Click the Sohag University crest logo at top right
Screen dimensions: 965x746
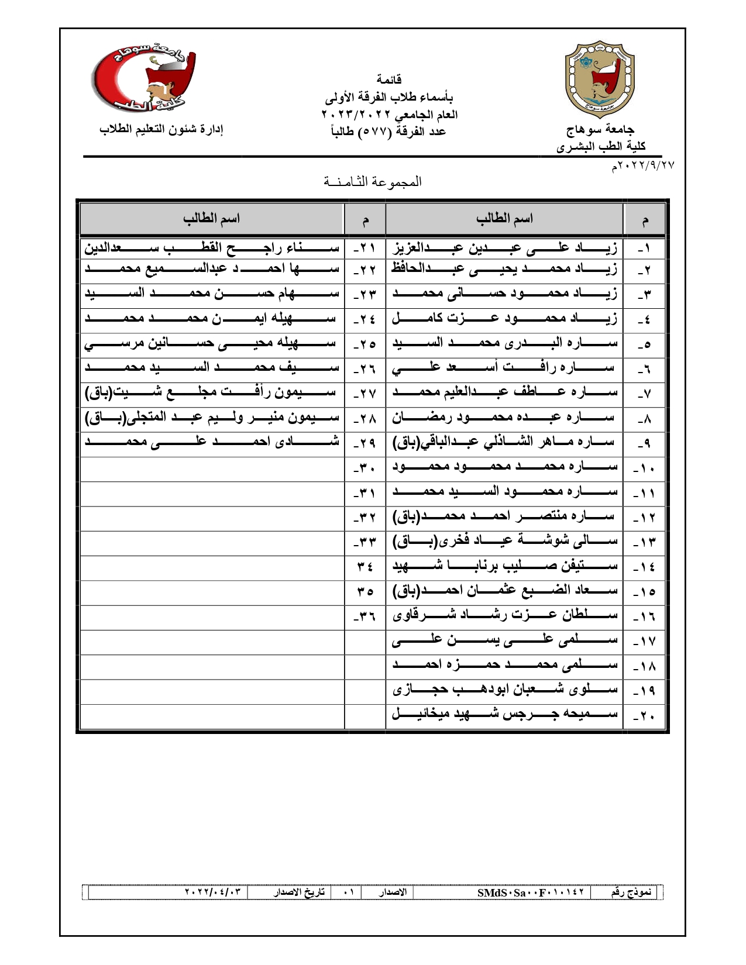click(599, 80)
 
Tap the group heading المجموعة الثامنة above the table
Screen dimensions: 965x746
click(373, 182)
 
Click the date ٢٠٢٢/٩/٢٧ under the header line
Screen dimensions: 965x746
click(643, 166)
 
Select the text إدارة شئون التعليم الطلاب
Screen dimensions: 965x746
click(161, 129)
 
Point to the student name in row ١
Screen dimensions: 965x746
click(504, 249)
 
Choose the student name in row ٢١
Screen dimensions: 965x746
click(212, 249)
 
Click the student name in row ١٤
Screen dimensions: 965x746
click(504, 566)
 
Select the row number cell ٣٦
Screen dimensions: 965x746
click(365, 616)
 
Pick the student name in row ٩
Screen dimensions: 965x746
click(504, 443)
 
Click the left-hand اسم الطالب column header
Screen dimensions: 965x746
click(211, 219)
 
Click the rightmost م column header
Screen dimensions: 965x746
click(645, 220)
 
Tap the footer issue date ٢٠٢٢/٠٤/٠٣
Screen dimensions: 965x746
click(213, 892)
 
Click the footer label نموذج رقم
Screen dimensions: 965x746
click(631, 892)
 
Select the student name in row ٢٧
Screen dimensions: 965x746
click(212, 393)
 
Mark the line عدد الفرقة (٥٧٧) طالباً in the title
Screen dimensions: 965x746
click(389, 132)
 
